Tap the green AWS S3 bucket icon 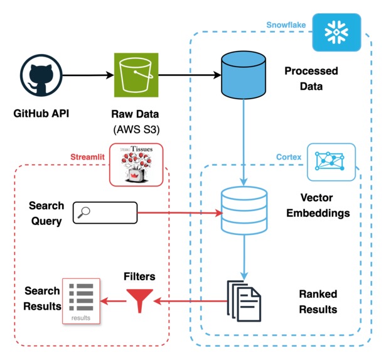tap(132, 75)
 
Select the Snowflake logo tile tap(334, 31)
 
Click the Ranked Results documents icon tap(244, 300)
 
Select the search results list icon tap(80, 300)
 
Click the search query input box tap(105, 213)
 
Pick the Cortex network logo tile tap(331, 162)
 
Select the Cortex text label tap(289, 157)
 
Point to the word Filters tap(139, 276)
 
